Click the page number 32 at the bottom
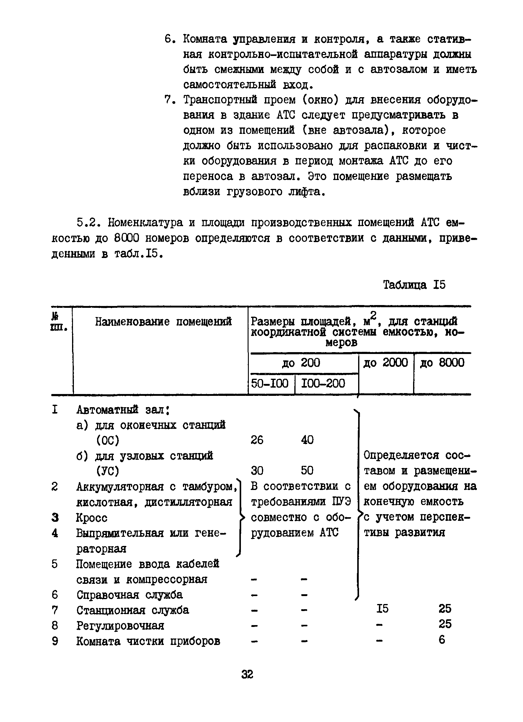247,674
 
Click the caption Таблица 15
414,285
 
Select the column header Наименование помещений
163,322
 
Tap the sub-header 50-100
270,383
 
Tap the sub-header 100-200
323,383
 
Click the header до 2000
385,363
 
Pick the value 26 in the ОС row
257,440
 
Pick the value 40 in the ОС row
307,440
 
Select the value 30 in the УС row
257,470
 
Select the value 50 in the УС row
307,470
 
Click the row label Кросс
92,518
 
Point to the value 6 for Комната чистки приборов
442,640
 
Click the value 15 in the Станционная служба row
382,609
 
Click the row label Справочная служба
129,595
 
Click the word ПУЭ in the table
341,502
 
